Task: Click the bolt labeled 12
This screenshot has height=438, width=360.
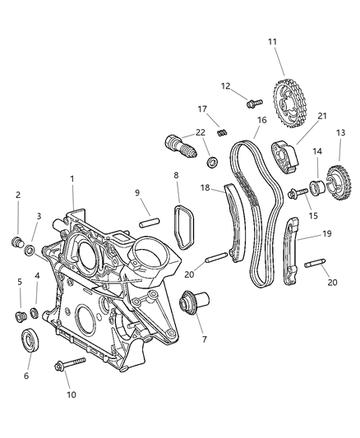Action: [x=252, y=103]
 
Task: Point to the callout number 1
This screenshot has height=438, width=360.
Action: [x=72, y=178]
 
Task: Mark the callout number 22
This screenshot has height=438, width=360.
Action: [x=200, y=133]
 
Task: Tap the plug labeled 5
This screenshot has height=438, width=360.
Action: [x=19, y=316]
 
